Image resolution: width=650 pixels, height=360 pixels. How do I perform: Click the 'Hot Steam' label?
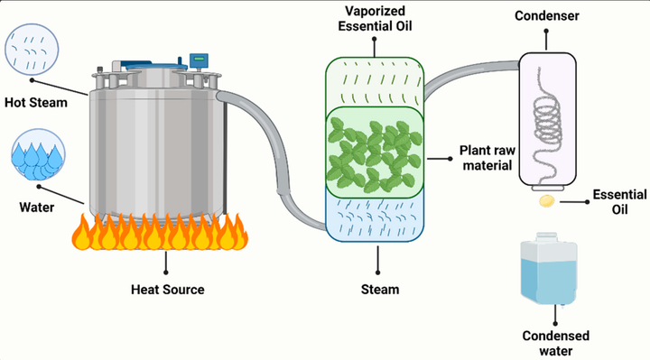[35, 103]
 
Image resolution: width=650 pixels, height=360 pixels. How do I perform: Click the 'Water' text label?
[31, 208]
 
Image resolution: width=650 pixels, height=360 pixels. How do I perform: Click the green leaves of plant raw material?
[374, 151]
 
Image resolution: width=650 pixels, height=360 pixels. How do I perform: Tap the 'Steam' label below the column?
[379, 290]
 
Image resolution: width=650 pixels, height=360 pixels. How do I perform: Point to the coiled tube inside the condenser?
[544, 117]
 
